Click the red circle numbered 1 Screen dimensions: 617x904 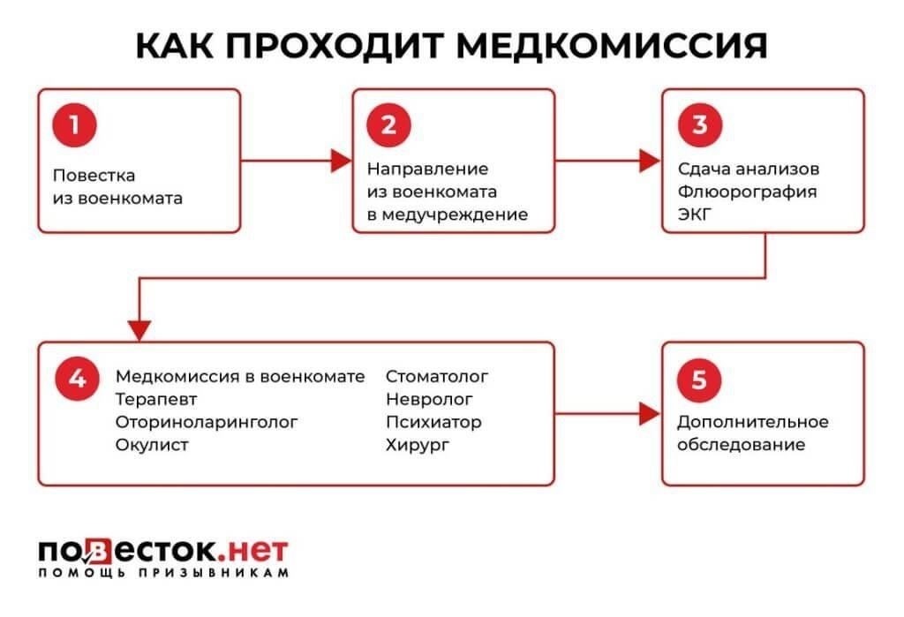click(75, 124)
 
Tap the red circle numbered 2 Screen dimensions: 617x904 click(388, 124)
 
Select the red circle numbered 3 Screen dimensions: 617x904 click(699, 124)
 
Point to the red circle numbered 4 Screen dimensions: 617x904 click(77, 379)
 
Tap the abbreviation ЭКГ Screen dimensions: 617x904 click(695, 213)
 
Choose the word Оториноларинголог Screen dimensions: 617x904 click(207, 422)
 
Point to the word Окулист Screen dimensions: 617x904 click(152, 445)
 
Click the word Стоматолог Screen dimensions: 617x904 click(437, 377)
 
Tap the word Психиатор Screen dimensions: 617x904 click(433, 422)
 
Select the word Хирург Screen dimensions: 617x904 click(418, 445)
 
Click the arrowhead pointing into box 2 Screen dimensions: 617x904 click(341, 161)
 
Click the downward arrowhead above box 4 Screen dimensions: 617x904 click(139, 330)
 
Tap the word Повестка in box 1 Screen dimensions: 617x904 click(94, 176)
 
